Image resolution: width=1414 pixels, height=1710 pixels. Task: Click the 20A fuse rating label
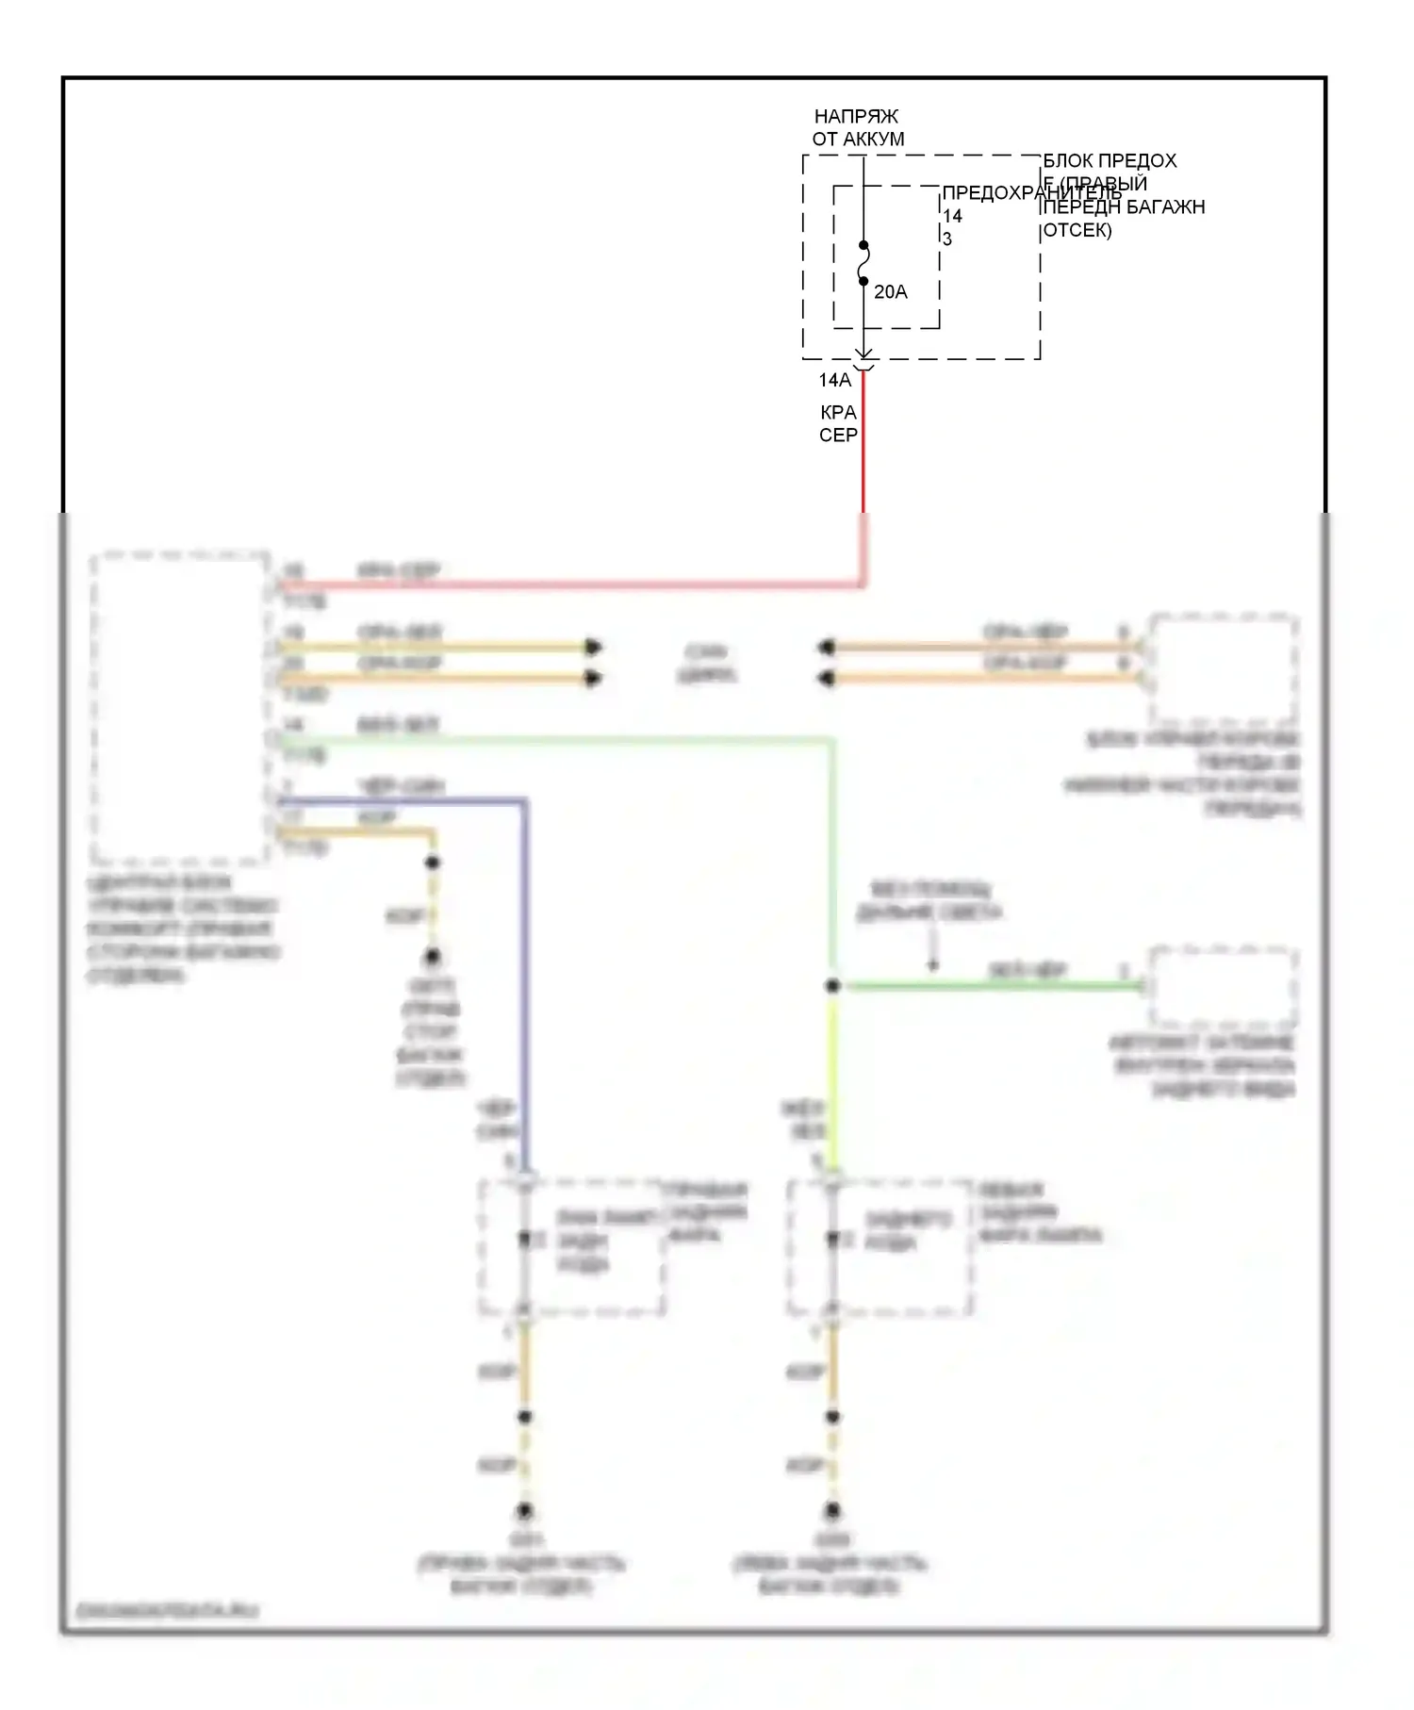[890, 292]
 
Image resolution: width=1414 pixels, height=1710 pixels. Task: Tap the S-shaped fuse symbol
[863, 263]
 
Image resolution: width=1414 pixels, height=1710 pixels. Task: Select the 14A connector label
[834, 380]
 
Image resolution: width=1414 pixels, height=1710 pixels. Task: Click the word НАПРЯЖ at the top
[856, 117]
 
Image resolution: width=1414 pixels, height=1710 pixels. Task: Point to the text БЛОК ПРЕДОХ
[1110, 161]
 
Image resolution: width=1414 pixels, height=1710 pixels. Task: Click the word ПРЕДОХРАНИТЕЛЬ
[1032, 193]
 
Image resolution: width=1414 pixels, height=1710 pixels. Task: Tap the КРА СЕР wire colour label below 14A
[838, 424]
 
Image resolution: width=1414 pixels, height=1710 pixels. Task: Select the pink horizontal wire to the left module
[566, 585]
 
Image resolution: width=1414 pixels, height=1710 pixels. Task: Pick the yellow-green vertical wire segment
[832, 1075]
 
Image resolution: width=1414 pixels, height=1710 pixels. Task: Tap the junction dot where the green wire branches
[832, 986]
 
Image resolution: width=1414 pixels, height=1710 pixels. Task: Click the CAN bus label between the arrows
[706, 663]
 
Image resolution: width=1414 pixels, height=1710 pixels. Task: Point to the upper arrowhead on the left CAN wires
[593, 648]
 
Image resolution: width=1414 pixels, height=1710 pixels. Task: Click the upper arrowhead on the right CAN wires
[827, 648]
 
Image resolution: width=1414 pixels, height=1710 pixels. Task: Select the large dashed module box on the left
[179, 707]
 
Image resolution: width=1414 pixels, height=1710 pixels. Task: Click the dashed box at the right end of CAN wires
[1223, 669]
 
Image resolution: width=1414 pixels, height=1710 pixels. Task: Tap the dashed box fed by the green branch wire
[1223, 987]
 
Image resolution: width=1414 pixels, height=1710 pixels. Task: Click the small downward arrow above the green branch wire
[933, 963]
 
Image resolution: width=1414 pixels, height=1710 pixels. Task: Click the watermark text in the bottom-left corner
[167, 1611]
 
